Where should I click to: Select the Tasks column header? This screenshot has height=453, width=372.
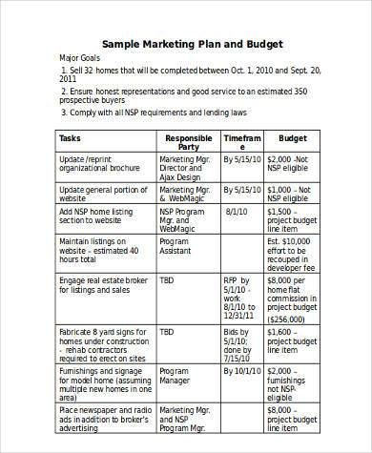[x=71, y=137]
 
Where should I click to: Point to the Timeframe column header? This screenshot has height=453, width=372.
[x=241, y=142]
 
